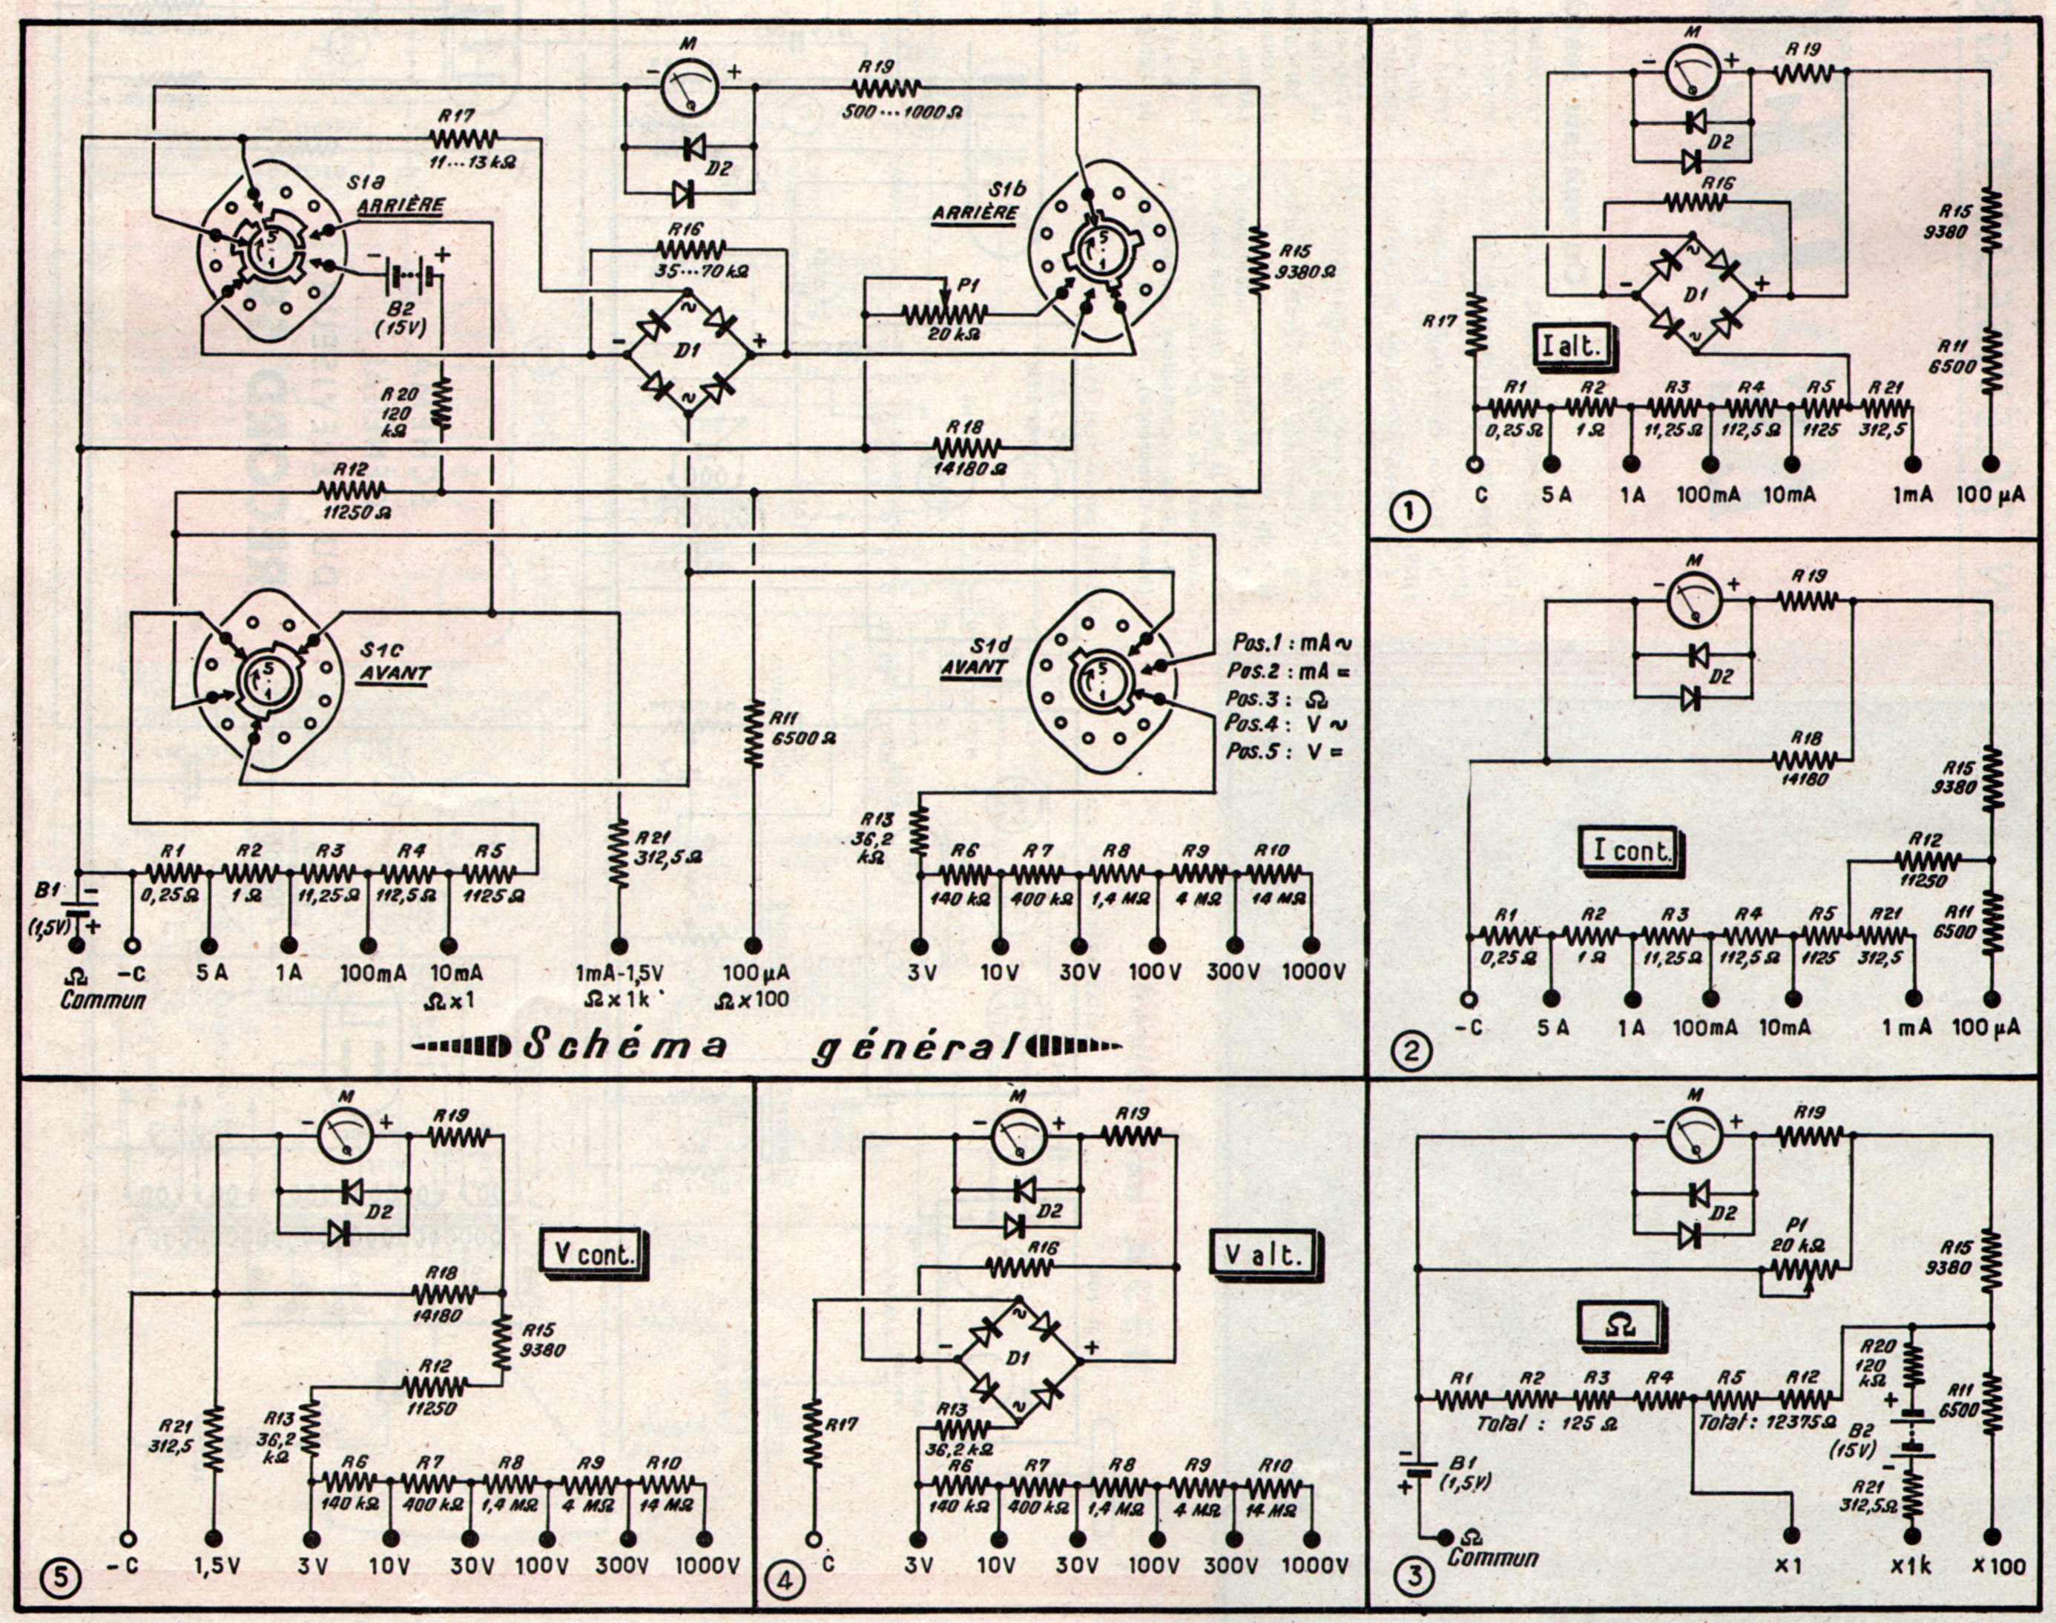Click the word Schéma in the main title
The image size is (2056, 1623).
click(x=625, y=1046)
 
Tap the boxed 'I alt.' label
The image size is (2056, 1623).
click(x=1569, y=345)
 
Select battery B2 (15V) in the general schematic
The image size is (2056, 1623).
click(x=409, y=280)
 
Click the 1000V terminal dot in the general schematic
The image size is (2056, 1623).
click(x=1311, y=946)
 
